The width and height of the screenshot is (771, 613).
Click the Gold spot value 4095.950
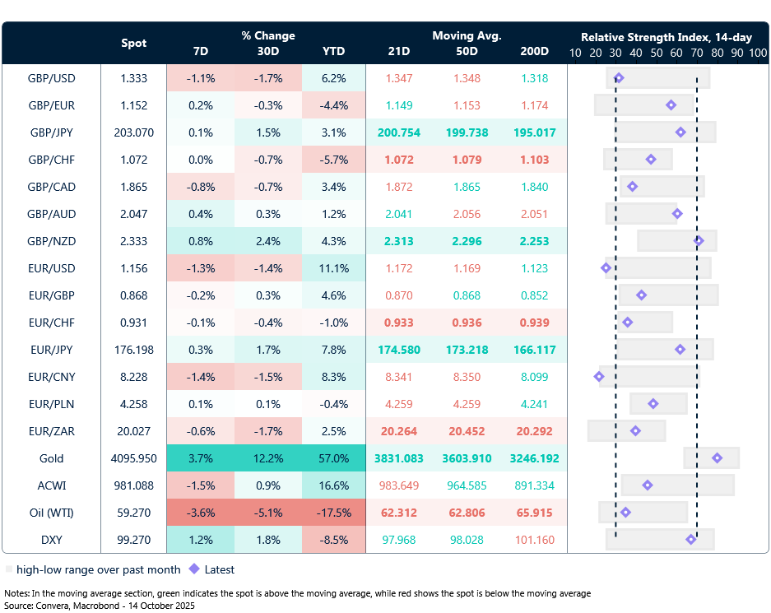pos(134,458)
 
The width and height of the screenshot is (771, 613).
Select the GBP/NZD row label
pos(51,241)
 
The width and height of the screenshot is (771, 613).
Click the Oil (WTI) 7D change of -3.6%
pos(200,513)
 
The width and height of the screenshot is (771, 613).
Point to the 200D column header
pos(534,51)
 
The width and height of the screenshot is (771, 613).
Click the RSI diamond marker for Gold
pos(717,458)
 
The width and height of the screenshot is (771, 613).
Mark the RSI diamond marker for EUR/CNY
pos(599,377)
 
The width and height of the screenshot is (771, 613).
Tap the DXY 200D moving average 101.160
pos(534,540)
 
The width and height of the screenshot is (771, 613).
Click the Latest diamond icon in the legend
pos(194,569)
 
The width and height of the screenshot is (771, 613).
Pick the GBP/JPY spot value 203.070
pos(134,132)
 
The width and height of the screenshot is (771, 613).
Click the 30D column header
pos(267,51)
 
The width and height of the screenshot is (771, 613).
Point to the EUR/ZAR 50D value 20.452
pos(466,431)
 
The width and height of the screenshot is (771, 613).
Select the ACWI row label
pos(51,485)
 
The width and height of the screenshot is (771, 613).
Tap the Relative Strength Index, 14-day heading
pos(666,37)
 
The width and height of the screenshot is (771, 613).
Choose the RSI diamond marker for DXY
pos(691,540)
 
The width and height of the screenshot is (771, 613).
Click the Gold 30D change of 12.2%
pos(267,458)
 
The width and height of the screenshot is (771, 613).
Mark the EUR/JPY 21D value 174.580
pos(399,350)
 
